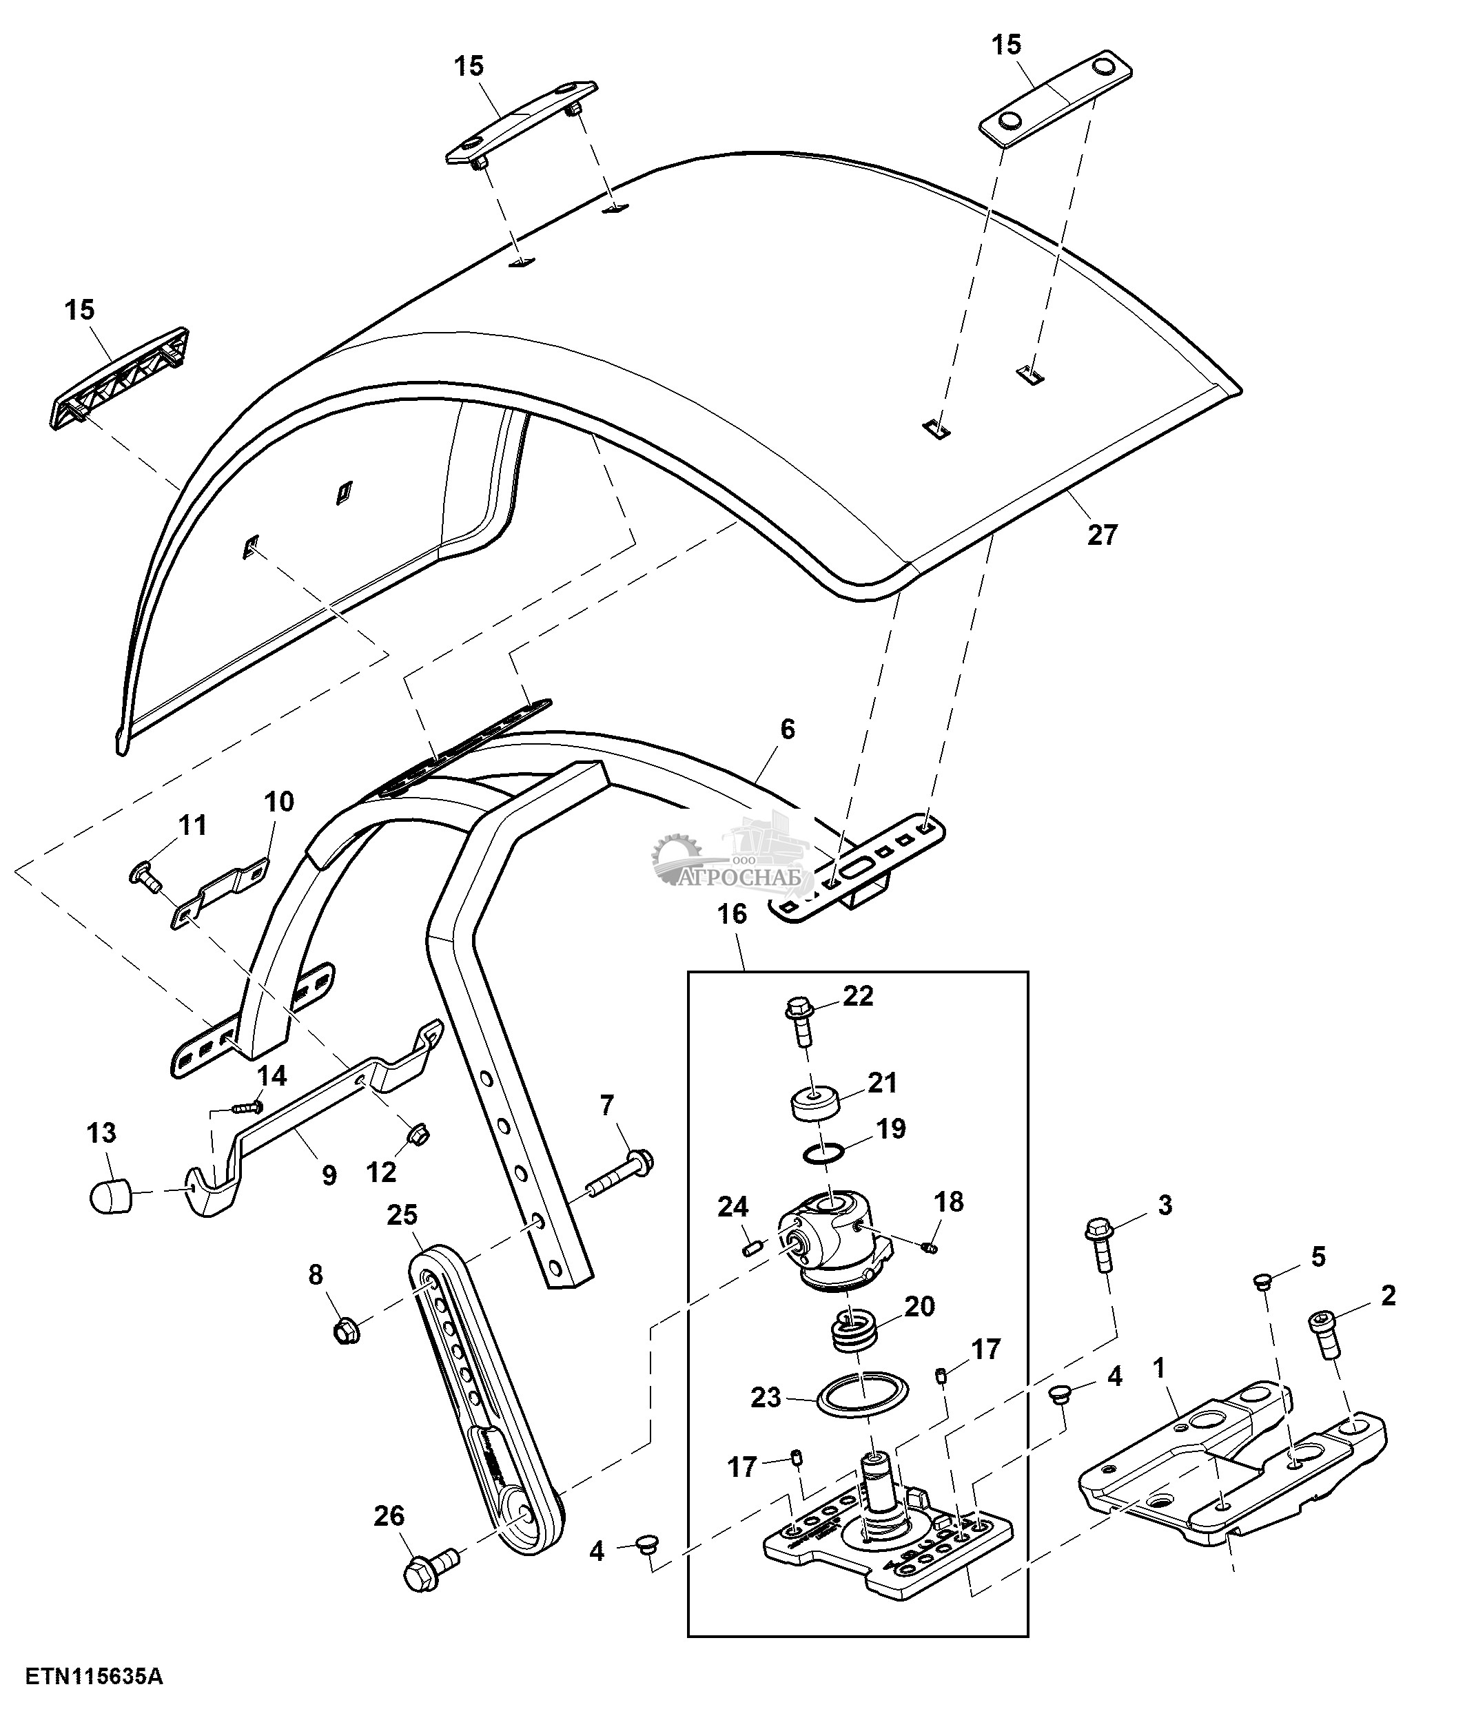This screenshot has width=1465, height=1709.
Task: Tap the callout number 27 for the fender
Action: coord(1101,535)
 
